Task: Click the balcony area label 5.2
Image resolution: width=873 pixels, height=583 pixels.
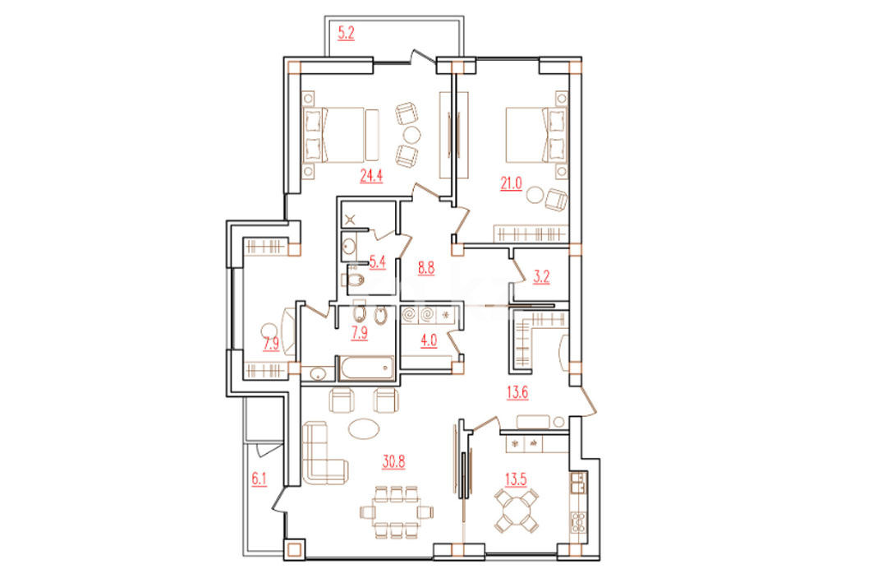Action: (346, 33)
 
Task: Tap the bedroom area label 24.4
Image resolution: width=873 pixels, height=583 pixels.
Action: (371, 176)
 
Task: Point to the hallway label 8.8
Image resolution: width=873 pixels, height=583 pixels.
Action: (426, 268)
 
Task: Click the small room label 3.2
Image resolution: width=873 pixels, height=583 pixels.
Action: (541, 277)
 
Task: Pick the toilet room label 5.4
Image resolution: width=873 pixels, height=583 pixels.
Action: (378, 262)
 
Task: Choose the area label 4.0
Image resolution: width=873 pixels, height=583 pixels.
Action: (428, 340)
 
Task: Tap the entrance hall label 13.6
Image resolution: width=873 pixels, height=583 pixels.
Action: (517, 393)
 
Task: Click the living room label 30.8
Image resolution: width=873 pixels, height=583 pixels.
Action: (393, 461)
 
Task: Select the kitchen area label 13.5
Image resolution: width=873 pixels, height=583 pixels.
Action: (516, 479)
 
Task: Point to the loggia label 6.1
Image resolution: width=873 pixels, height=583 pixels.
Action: (260, 479)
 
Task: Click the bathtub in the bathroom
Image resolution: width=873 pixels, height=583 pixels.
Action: (365, 368)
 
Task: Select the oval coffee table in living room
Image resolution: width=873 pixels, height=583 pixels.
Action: (364, 428)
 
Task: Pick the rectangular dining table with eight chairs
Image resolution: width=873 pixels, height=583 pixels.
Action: (396, 511)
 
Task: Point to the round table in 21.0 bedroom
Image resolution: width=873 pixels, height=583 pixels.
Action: (535, 195)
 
